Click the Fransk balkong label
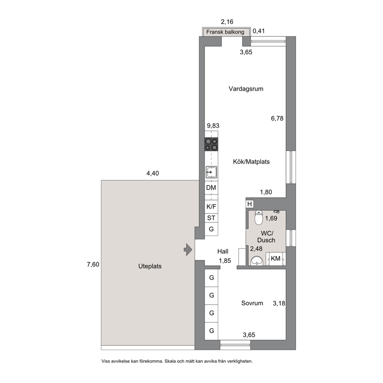pos(225,32)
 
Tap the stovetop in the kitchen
pos(211,144)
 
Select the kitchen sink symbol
pos(211,172)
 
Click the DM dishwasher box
pos(211,188)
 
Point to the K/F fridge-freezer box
pos(211,207)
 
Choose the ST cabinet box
pos(211,218)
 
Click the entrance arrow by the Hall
pos(188,250)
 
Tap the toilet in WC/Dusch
pos(258,218)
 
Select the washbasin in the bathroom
pos(257,261)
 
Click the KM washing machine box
pos(276,259)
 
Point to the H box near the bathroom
pos(249,204)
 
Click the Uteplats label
pos(150,266)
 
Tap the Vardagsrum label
pos(246,89)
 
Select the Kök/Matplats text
pos(251,162)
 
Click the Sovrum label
pos(253,303)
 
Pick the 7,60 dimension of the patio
pos(93,264)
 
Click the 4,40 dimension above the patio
pos(153,173)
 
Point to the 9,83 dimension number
pos(213,126)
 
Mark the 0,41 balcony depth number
pos(259,31)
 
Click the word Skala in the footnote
pos(170,361)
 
